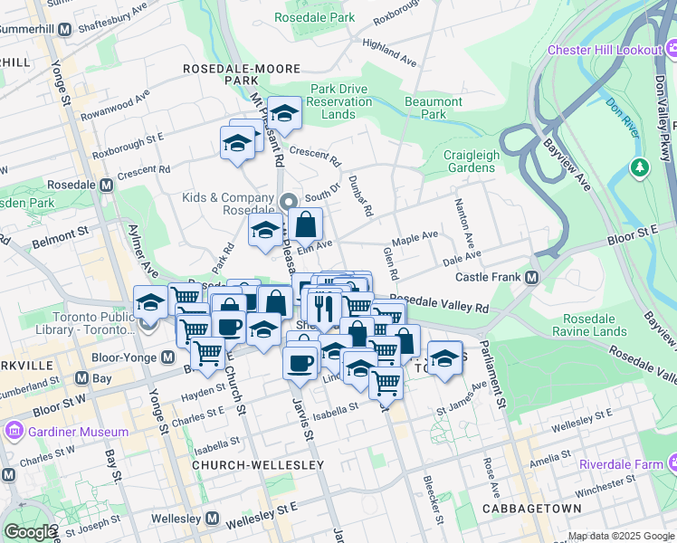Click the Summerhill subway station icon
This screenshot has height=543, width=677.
(64, 30)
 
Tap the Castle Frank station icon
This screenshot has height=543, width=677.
(532, 276)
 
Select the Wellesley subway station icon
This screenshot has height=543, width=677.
(212, 519)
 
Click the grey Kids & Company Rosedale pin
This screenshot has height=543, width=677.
(288, 201)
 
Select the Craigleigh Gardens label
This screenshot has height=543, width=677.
(470, 161)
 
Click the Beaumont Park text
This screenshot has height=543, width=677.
(434, 109)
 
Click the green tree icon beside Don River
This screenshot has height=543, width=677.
(641, 167)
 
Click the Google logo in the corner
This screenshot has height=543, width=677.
(30, 531)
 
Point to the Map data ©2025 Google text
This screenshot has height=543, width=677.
(620, 536)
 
